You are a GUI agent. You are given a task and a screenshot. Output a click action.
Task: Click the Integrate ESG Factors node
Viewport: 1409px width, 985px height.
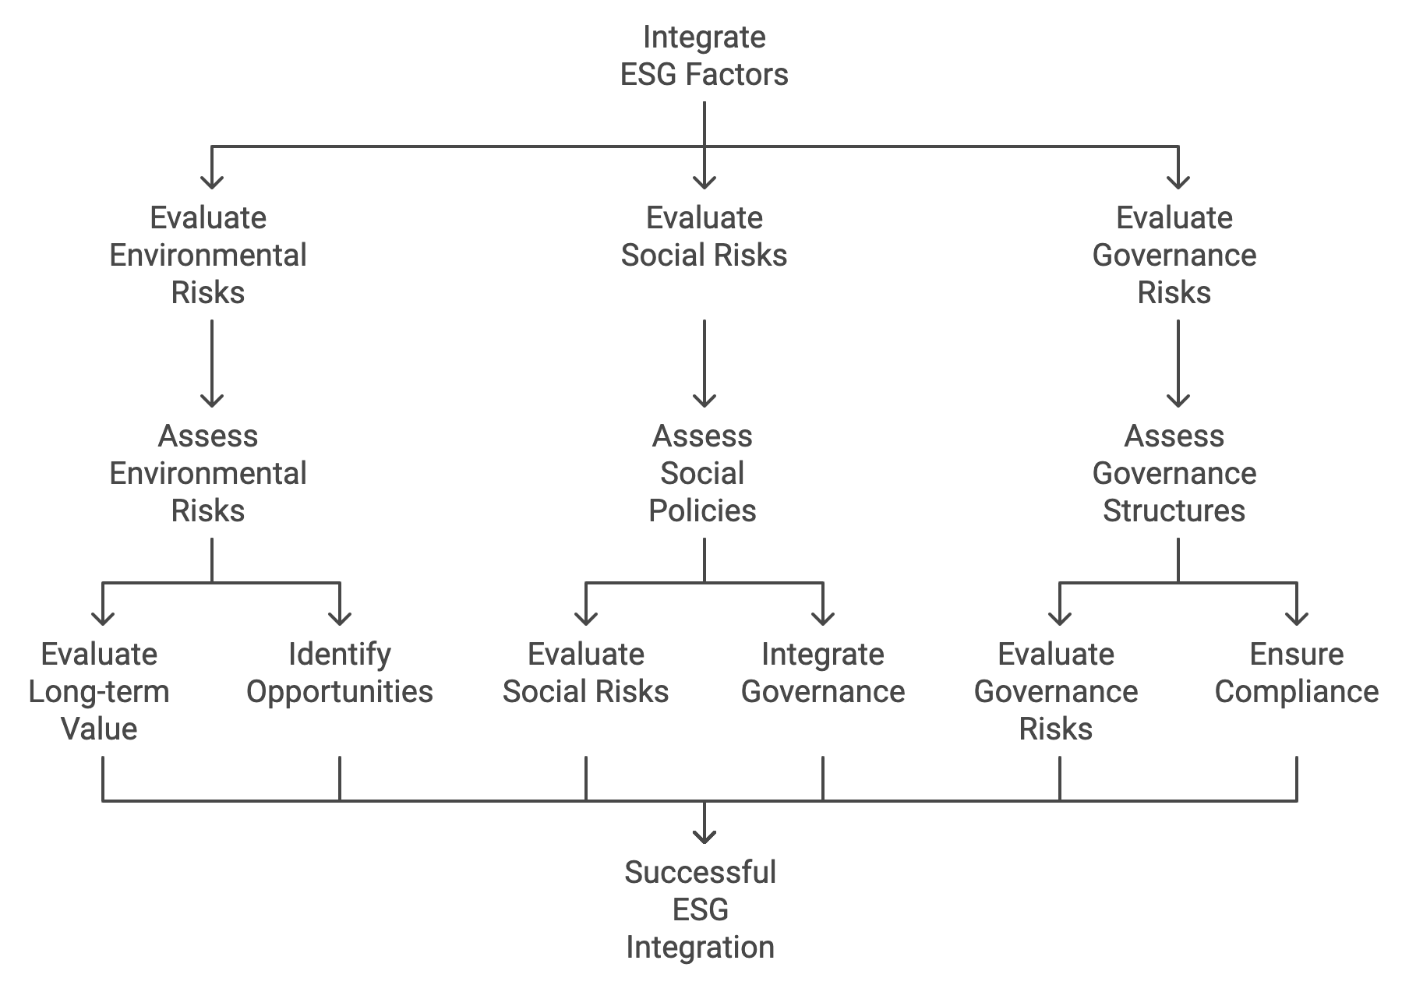(x=704, y=56)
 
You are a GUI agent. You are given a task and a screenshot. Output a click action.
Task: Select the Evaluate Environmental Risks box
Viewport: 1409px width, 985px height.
(x=208, y=255)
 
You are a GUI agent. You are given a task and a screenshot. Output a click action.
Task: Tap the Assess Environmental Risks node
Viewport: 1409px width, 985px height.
(x=208, y=473)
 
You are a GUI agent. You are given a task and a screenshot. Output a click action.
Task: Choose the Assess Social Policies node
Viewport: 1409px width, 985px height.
(x=703, y=473)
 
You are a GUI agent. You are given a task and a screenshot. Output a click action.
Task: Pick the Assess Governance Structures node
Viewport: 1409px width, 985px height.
(x=1174, y=473)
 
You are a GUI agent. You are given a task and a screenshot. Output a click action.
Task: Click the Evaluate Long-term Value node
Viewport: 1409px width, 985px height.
(x=99, y=691)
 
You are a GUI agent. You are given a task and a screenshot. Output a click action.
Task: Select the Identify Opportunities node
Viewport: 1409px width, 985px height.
(x=340, y=673)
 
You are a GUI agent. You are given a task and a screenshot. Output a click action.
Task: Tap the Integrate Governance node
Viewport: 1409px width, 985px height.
(x=823, y=673)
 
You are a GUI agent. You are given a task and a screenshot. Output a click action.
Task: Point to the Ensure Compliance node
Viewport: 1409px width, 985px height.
(x=1297, y=673)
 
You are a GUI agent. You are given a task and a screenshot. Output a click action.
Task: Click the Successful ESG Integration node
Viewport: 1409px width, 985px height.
(x=701, y=909)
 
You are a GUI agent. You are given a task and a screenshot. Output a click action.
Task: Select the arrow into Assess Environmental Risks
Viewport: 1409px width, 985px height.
(x=212, y=364)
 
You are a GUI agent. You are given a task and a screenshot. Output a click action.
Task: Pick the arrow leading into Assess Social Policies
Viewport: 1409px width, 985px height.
(x=704, y=364)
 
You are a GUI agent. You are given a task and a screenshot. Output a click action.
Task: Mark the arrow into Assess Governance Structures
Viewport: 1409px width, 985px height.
(x=1178, y=364)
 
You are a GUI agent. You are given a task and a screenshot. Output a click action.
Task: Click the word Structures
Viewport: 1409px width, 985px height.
(x=1174, y=510)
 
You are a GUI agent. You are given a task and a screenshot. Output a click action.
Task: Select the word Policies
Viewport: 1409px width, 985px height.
(x=703, y=510)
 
